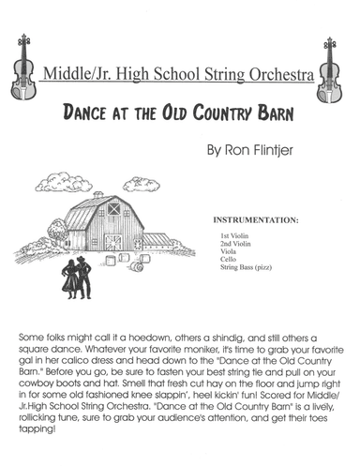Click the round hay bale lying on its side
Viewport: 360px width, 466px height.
pyautogui.click(x=137, y=266)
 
